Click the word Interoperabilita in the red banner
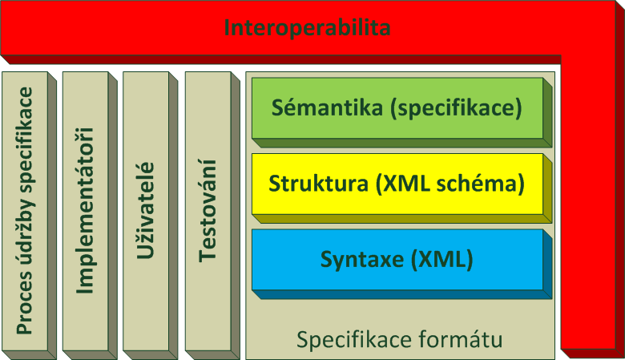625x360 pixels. point(307,27)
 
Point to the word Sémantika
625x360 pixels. point(327,107)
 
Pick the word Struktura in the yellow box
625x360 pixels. point(318,184)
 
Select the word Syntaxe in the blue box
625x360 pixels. point(362,260)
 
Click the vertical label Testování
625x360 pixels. point(208,211)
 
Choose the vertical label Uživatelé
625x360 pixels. point(146,211)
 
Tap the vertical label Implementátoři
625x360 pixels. point(85,211)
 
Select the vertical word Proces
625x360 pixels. point(24,303)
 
